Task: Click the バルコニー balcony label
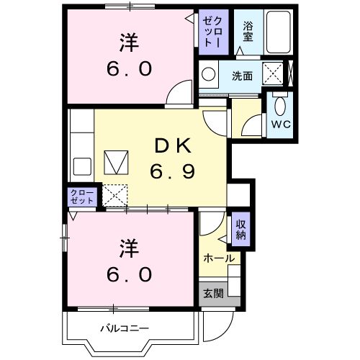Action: (125, 328)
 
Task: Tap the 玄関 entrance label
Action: (212, 293)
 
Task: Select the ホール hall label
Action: (218, 258)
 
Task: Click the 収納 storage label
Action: (240, 230)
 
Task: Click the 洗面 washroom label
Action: (241, 74)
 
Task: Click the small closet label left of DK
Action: (81, 197)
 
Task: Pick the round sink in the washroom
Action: (209, 74)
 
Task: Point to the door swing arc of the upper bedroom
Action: (176, 94)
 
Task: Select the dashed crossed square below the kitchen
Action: (115, 194)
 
